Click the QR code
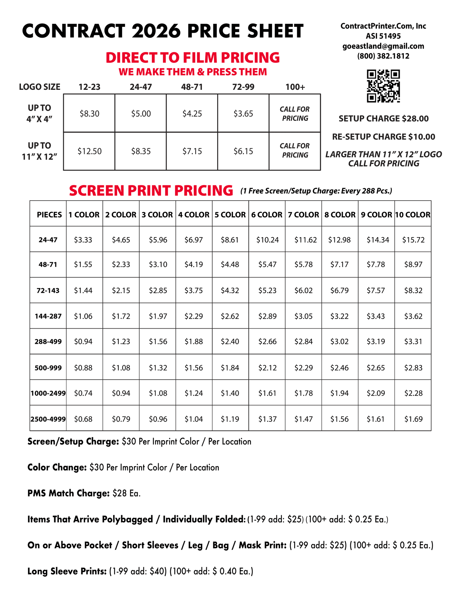(383, 86)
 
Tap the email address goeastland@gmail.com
(383, 46)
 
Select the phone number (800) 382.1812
(383, 56)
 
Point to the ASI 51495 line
(383, 36)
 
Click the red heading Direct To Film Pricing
(193, 58)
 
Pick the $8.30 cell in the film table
(89, 114)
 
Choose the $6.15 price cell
(243, 151)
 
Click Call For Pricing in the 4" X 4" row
(295, 114)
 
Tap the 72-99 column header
(243, 87)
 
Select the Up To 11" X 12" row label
(39, 151)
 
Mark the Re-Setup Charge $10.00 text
(384, 137)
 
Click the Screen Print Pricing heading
(151, 191)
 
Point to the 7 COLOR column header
(303, 215)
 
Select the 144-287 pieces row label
(48, 316)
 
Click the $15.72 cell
(413, 240)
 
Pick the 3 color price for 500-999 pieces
(158, 368)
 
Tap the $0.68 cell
(83, 419)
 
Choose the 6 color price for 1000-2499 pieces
(267, 393)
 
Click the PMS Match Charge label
(68, 493)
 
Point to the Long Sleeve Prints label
(67, 571)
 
